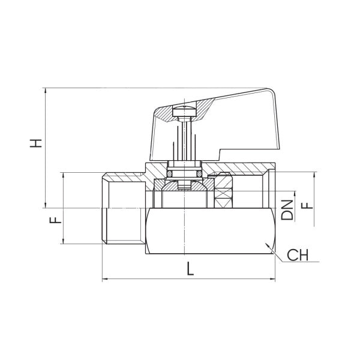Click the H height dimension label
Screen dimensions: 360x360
pos(37,143)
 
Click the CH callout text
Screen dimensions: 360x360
pos(298,256)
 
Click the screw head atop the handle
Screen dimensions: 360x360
pos(184,111)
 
